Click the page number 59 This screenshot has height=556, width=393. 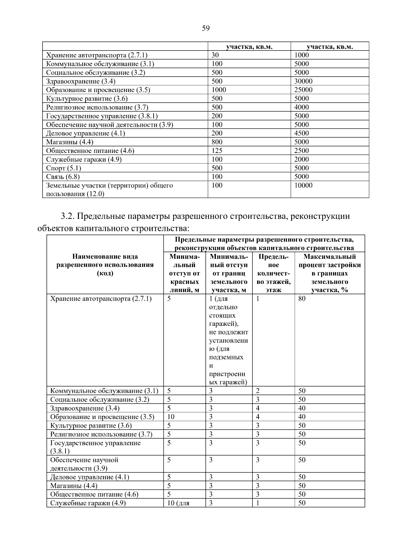point(206,29)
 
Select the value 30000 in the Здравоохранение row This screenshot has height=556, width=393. point(303,81)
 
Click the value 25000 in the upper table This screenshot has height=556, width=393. point(303,90)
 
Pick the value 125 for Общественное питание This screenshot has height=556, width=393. point(217,151)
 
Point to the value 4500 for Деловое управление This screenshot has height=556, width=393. point(301,133)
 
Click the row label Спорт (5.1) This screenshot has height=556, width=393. point(64,168)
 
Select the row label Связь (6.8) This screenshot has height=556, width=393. point(63,177)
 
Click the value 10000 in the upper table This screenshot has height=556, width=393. point(303,185)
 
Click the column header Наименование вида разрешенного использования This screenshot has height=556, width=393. point(105,265)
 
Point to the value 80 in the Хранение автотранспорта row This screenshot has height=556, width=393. point(302,299)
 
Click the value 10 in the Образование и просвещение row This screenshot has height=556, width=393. point(171,417)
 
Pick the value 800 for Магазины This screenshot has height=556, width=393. point(217,142)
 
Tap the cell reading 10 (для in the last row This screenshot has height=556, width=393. point(178,503)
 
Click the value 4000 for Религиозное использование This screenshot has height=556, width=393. point(301,107)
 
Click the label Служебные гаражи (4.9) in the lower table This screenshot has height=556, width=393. point(88,503)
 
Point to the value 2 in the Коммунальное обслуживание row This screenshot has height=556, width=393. point(258,391)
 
